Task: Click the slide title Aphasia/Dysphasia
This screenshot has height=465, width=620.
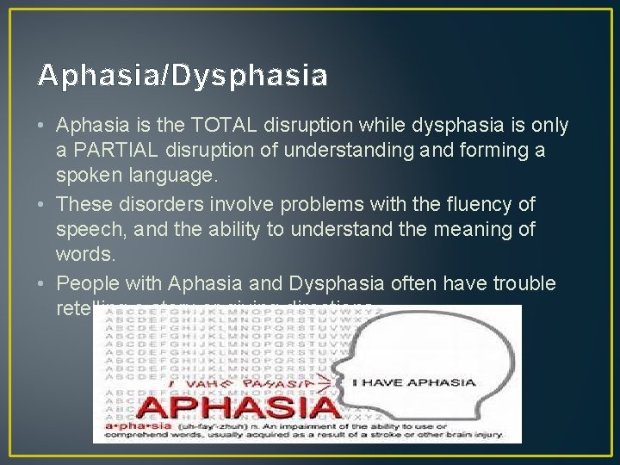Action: tap(183, 77)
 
